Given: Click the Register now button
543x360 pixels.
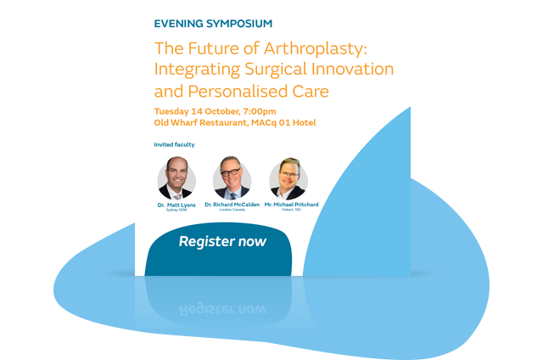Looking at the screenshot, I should [x=221, y=242].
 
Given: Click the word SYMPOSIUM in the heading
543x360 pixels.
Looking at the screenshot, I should [x=242, y=24].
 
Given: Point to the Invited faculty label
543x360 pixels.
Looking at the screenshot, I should [x=174, y=144].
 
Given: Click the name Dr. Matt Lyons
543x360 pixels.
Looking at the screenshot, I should [x=176, y=205].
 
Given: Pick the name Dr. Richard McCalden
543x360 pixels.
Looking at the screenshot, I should [x=232, y=205].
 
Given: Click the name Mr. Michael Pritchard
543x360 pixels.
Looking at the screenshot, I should [x=288, y=205].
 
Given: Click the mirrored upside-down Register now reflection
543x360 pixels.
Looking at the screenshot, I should [x=221, y=307].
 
